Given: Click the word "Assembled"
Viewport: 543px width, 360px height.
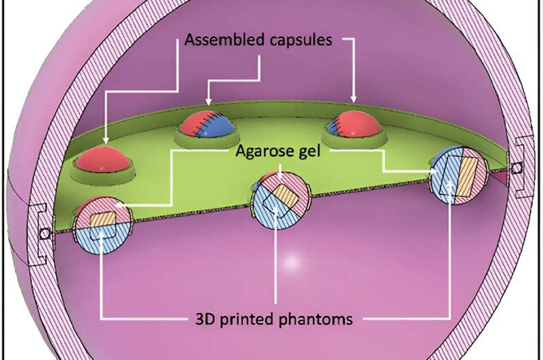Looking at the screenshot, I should pos(221,41).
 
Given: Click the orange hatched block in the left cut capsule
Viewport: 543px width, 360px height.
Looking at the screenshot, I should pos(103,217).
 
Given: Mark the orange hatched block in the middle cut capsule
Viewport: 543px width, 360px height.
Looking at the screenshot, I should pos(280,192).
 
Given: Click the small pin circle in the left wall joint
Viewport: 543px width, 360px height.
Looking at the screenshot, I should pos(45,232).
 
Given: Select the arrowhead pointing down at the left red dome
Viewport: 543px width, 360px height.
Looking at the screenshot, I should pos(106,140).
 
